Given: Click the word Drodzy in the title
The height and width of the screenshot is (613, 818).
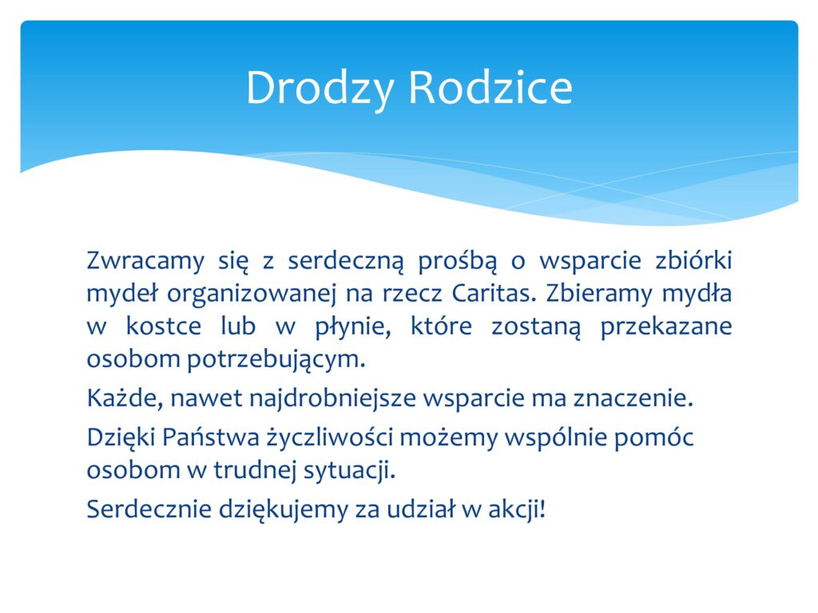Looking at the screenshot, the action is click(x=320, y=89).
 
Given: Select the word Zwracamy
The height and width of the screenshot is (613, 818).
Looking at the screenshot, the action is click(x=145, y=261).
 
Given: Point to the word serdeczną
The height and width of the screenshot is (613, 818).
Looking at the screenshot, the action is click(x=346, y=261).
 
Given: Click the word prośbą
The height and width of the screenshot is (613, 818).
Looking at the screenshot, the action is click(x=458, y=261).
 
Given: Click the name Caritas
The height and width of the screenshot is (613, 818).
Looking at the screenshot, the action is click(x=494, y=293).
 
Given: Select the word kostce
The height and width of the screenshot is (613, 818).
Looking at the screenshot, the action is click(x=164, y=326).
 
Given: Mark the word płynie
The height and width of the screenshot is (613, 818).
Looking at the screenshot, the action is click(x=353, y=327).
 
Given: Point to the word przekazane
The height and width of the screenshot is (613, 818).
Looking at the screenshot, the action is click(x=666, y=327).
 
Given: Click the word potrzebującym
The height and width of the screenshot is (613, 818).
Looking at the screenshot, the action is click(x=276, y=360).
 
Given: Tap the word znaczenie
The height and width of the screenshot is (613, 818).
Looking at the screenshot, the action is click(x=633, y=398).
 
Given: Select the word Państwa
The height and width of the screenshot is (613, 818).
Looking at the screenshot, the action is click(x=210, y=437).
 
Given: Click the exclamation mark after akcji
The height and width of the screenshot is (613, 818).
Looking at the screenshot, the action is click(x=543, y=508).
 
